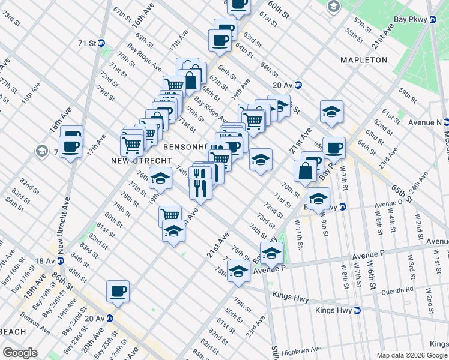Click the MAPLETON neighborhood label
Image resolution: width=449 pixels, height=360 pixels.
coord(364,60)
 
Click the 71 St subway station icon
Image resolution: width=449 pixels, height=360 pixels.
coord(102,43)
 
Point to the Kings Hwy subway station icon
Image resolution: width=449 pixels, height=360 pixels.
coord(357,311)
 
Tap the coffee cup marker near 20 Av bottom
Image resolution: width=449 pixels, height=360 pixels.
coord(118,292)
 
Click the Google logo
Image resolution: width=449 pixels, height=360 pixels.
coord(20,353)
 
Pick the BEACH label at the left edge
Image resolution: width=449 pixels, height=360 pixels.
coord(13,332)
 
